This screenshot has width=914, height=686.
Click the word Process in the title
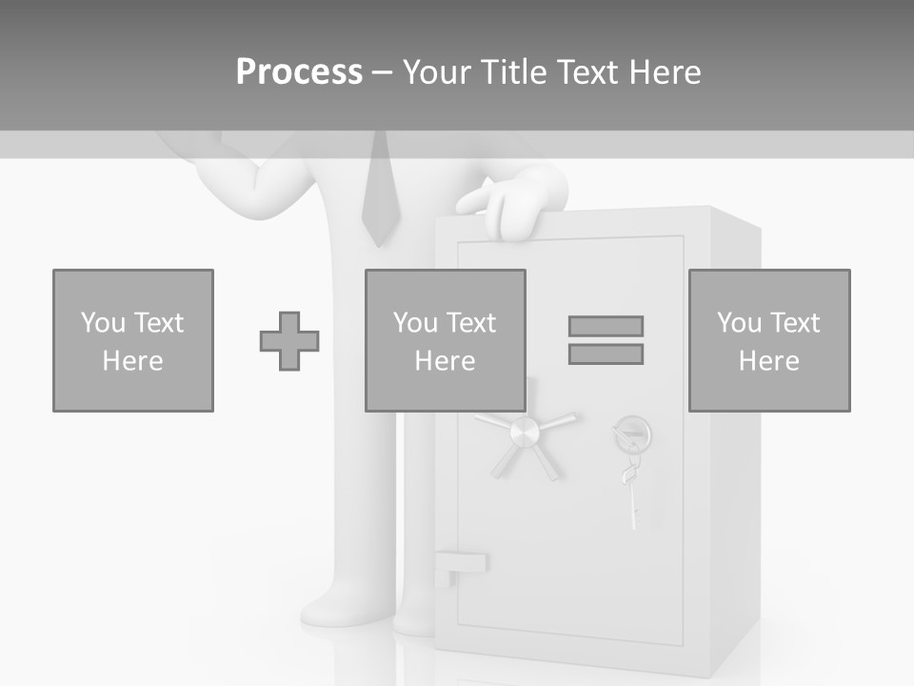[299, 72]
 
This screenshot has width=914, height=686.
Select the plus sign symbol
[289, 341]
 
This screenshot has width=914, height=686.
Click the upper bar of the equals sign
[606, 326]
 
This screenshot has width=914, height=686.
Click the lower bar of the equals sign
[606, 354]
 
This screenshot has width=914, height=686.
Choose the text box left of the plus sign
[133, 341]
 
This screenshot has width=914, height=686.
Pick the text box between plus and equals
[446, 341]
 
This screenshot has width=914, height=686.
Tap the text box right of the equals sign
[769, 341]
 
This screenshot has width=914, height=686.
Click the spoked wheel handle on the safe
[525, 435]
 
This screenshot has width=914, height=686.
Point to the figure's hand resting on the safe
[510, 206]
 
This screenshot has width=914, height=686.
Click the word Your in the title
[439, 72]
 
